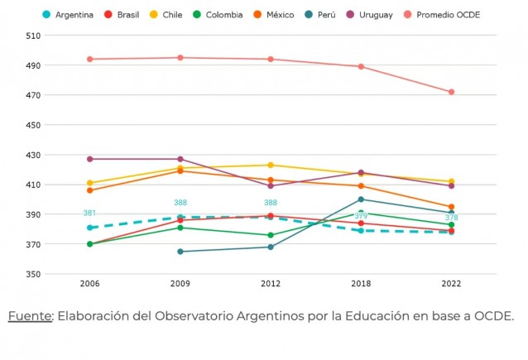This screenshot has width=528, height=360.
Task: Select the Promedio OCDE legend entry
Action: (447, 15)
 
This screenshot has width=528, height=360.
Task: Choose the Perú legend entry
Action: (319, 15)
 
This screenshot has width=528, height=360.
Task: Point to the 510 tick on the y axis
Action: (34, 36)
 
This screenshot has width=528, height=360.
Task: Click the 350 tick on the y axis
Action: (34, 275)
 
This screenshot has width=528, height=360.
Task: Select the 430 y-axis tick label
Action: (34, 155)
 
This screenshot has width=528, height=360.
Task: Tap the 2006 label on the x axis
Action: (89, 283)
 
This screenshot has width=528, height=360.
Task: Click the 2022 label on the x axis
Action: (451, 283)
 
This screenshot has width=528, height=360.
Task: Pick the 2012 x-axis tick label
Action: (271, 283)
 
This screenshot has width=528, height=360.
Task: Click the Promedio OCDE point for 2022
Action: (451, 92)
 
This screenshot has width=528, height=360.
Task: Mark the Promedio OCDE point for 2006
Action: (89, 59)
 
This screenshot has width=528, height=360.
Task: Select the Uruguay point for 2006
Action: (89, 159)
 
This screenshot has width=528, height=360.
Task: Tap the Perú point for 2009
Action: (180, 252)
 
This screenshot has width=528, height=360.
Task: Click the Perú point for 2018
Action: (361, 199)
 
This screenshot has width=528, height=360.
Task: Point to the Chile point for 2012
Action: (271, 165)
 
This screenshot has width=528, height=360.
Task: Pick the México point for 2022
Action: (451, 207)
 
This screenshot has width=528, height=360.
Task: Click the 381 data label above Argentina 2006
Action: (89, 214)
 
